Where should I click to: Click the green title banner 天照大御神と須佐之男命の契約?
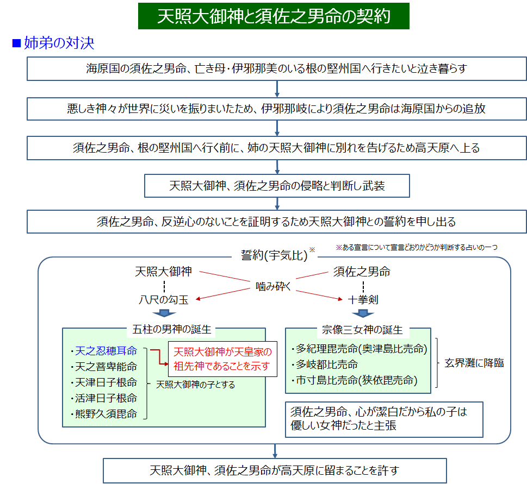pyautogui.click(x=274, y=16)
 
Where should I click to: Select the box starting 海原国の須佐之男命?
pyautogui.click(x=277, y=68)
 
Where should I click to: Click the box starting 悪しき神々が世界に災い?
pyautogui.click(x=277, y=108)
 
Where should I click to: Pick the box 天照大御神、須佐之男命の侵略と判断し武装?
pyautogui.click(x=277, y=186)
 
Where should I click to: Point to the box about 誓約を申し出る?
pyautogui.click(x=277, y=222)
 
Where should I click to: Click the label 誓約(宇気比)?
pyautogui.click(x=274, y=254)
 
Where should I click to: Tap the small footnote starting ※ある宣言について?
pyautogui.click(x=416, y=247)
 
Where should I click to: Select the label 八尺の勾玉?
pyautogui.click(x=164, y=299)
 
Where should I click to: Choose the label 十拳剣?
pyautogui.click(x=363, y=299)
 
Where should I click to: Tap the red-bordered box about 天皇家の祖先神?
pyautogui.click(x=222, y=358)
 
